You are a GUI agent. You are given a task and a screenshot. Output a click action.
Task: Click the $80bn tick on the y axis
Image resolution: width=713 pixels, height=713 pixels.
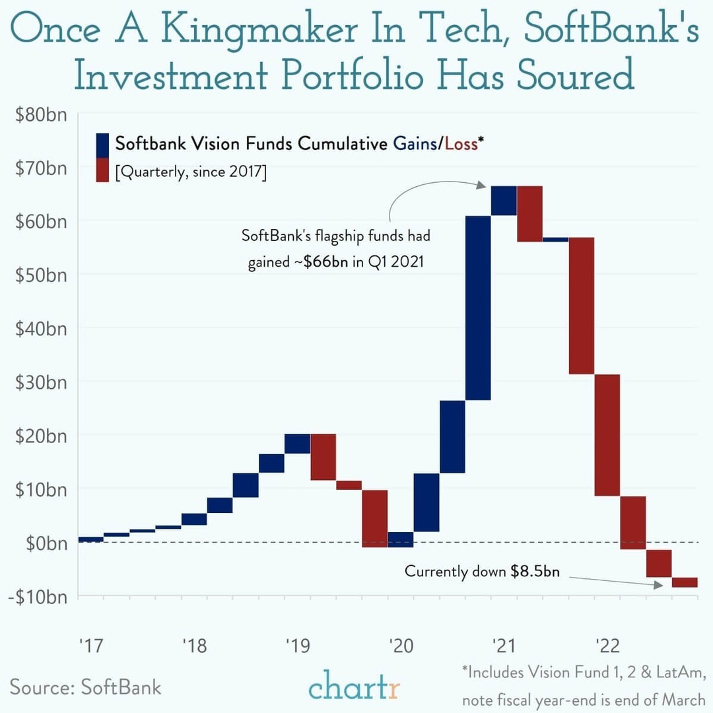tap(41, 114)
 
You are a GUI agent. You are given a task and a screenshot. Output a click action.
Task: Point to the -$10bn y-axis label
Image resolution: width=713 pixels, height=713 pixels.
tap(38, 596)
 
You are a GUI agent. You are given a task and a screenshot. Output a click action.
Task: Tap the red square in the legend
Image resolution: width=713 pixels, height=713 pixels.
tap(103, 170)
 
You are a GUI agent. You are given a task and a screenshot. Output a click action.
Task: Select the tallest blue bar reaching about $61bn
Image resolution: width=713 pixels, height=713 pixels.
tap(478, 308)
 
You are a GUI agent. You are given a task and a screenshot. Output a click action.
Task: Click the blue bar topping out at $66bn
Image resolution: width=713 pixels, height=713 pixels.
tap(504, 201)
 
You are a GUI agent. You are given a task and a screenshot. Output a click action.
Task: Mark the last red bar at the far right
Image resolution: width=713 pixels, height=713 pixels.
tap(685, 582)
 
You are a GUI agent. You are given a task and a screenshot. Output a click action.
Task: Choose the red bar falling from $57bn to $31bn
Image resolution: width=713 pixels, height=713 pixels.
tap(582, 305)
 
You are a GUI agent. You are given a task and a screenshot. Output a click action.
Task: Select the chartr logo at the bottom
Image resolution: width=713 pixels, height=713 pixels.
tap(354, 687)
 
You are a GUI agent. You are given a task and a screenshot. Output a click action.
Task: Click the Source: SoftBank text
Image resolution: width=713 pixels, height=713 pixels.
tap(85, 686)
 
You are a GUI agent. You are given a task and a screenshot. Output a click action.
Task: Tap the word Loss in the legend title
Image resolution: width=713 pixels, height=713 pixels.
tap(461, 143)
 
